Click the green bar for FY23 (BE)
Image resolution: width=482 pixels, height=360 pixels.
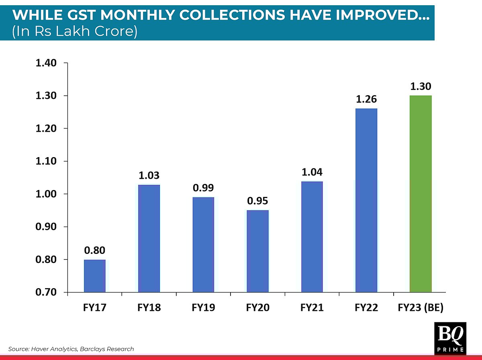click(x=421, y=194)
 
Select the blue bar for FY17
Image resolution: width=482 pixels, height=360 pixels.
click(x=95, y=276)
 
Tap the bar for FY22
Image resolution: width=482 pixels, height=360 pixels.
click(x=366, y=200)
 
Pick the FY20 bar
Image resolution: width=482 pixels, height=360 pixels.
click(x=257, y=251)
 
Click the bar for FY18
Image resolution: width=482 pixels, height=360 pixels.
click(x=149, y=238)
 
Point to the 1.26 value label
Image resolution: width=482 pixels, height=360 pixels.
click(x=366, y=99)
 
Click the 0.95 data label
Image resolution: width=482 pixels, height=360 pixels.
click(x=257, y=201)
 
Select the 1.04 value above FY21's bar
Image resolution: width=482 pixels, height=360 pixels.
click(x=312, y=172)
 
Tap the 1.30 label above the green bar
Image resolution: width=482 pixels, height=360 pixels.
click(x=421, y=86)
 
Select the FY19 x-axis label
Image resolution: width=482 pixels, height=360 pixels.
click(x=203, y=308)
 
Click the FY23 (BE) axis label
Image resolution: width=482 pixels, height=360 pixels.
click(x=421, y=308)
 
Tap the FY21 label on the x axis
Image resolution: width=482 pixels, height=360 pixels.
click(x=312, y=308)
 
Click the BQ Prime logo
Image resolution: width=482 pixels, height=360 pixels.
click(x=450, y=338)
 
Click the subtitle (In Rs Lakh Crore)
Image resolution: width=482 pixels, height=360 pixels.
click(x=75, y=31)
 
